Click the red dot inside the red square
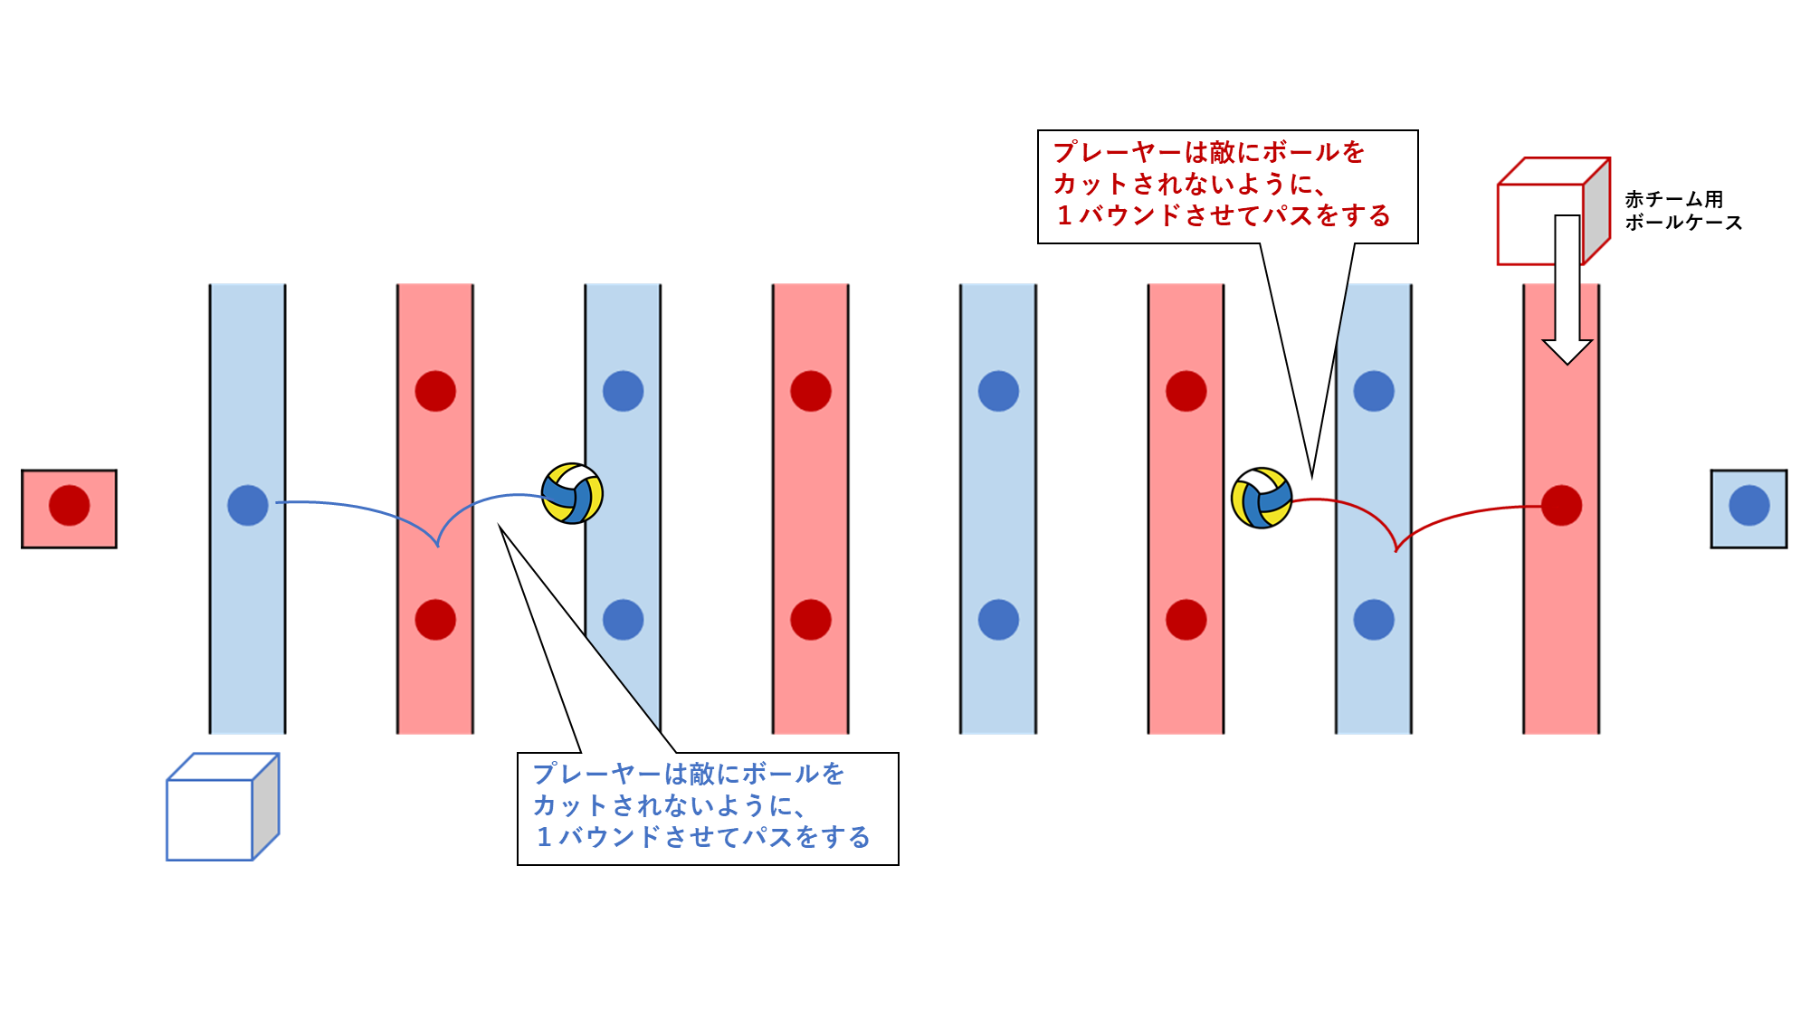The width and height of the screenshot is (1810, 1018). pyautogui.click(x=69, y=505)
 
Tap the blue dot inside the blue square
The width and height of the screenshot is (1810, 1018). pyautogui.click(x=1748, y=505)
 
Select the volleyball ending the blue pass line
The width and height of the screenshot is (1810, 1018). pyautogui.click(x=572, y=493)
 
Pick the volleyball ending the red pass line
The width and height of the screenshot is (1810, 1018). pyautogui.click(x=1262, y=498)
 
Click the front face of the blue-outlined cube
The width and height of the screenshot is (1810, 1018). pyautogui.click(x=209, y=820)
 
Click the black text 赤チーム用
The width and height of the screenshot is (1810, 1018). pyautogui.click(x=1673, y=199)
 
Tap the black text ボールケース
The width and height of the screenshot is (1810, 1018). pyautogui.click(x=1683, y=223)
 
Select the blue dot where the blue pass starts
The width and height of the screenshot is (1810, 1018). pyautogui.click(x=248, y=505)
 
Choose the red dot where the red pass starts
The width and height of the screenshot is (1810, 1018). pyautogui.click(x=1561, y=505)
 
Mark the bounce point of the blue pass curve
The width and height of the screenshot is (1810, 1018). pyautogui.click(x=438, y=546)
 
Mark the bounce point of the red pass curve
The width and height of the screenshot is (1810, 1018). pyautogui.click(x=1396, y=550)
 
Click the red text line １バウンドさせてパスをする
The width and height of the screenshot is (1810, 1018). pyautogui.click(x=1223, y=215)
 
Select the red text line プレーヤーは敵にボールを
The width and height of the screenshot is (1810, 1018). pyautogui.click(x=1208, y=152)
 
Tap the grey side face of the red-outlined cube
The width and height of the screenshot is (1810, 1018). pyautogui.click(x=1596, y=211)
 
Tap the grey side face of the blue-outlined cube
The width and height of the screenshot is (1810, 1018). pyautogui.click(x=265, y=806)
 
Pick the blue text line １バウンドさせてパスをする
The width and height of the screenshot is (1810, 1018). pyautogui.click(x=702, y=837)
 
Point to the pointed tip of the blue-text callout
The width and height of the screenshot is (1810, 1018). pyautogui.click(x=499, y=525)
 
